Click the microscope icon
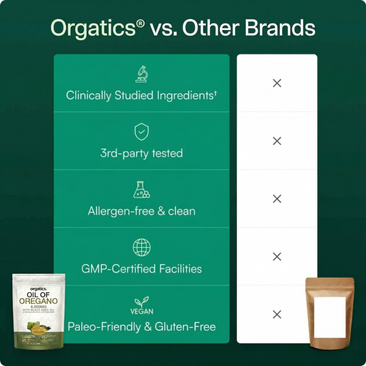pyautogui.click(x=141, y=74)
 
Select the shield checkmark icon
pyautogui.click(x=141, y=132)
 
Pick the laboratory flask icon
pyautogui.click(x=141, y=190)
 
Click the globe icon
pyautogui.click(x=141, y=247)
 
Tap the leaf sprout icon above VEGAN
pyautogui.click(x=141, y=302)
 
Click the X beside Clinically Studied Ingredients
pyautogui.click(x=277, y=83)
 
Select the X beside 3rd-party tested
pyautogui.click(x=277, y=141)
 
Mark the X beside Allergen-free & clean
pyautogui.click(x=277, y=199)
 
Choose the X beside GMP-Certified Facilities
pyautogui.click(x=277, y=257)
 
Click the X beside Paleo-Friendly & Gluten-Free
pyautogui.click(x=277, y=314)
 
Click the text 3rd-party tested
pyautogui.click(x=141, y=153)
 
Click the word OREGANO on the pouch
pyautogui.click(x=38, y=301)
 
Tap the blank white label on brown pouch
pyautogui.click(x=330, y=317)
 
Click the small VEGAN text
pyautogui.click(x=141, y=312)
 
